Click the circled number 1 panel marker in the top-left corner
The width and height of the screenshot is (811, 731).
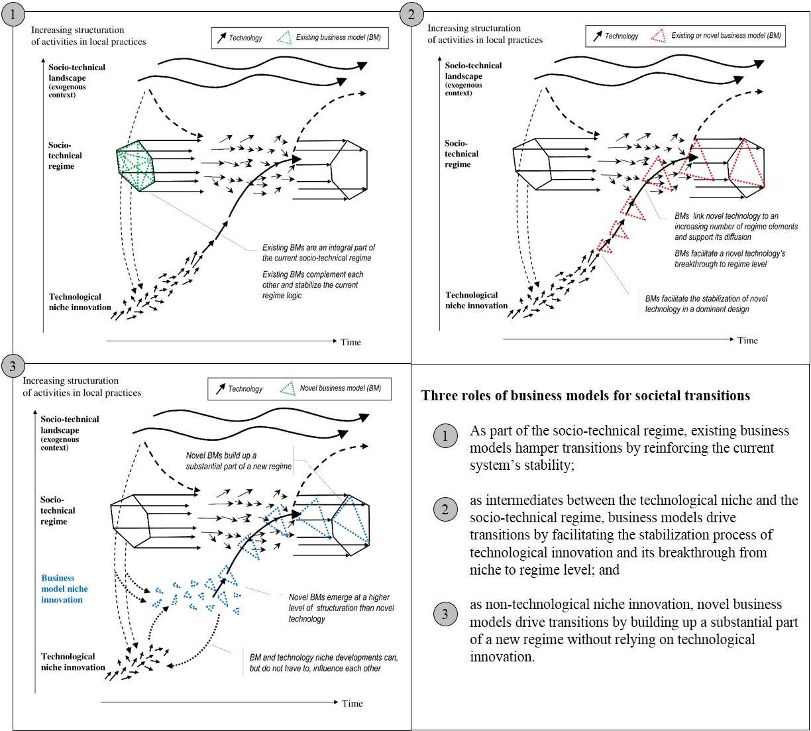coord(14,14)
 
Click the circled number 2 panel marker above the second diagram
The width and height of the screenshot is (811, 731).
coord(411,14)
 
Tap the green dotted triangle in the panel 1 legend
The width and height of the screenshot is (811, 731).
coord(284,38)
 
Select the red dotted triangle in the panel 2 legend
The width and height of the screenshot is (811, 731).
coord(658,36)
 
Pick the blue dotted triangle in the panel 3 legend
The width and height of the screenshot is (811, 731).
coord(288,388)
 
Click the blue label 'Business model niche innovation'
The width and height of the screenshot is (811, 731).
coord(64,589)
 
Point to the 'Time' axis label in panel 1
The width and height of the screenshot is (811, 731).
coord(351,342)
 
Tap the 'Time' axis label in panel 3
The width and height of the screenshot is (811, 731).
coord(352,703)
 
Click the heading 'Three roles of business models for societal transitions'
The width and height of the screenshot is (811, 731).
coord(586,396)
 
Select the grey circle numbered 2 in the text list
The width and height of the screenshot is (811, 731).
coord(445,510)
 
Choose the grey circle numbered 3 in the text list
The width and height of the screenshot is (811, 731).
coord(445,614)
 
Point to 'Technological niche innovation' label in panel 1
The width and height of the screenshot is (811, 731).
coord(80,302)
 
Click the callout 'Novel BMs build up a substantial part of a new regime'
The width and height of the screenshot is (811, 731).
coord(239,461)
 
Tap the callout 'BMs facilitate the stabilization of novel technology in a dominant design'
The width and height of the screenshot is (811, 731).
coord(706,304)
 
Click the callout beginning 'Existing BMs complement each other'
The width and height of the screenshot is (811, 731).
coord(313,285)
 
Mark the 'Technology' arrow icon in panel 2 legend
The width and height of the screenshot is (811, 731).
coord(598,36)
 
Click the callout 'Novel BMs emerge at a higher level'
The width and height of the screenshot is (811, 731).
coord(341,608)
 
